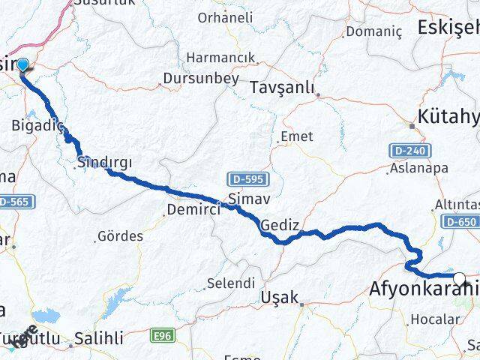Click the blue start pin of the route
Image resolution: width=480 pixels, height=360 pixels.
pos(22,66)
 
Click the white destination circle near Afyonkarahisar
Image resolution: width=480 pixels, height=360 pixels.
pos(459,279)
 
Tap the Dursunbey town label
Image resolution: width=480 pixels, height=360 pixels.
pos(202,79)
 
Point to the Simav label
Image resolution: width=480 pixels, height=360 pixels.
pos(246,199)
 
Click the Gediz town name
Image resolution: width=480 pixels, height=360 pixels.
pos(280,225)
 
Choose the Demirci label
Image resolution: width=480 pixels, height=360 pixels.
pos(194,209)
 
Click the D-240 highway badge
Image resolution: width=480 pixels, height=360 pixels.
pos(409,151)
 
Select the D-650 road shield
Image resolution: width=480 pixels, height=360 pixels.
pos(460,221)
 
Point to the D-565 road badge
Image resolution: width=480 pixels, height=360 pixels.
pos(13,202)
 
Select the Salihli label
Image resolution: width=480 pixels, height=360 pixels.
pos(102,339)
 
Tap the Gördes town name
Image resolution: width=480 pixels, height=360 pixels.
pos(121,236)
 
